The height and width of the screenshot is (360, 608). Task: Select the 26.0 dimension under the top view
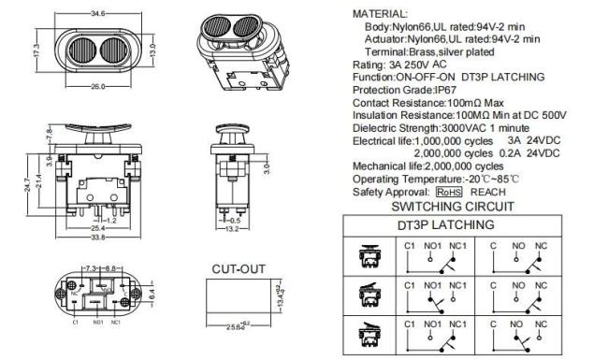click(x=96, y=88)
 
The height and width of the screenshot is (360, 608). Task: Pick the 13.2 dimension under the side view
click(x=234, y=227)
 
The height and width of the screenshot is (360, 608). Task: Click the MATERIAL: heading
click(x=380, y=15)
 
